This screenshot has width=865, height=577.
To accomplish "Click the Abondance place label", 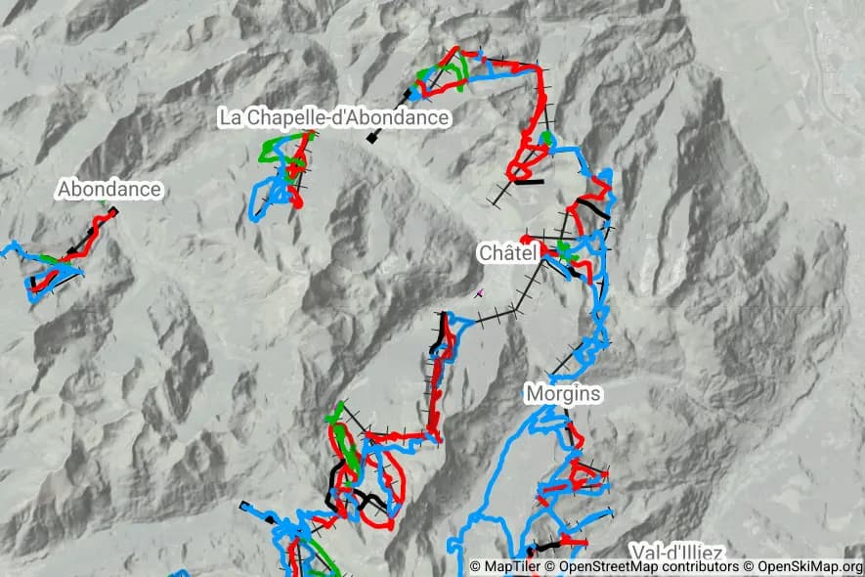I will (x=108, y=189).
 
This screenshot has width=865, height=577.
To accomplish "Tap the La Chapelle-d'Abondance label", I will (x=334, y=117).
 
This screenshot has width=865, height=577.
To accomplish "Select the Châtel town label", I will (x=507, y=252).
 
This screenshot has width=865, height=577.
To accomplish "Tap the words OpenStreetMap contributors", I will (x=641, y=566).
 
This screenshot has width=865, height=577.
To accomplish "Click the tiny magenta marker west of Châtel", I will (x=478, y=291).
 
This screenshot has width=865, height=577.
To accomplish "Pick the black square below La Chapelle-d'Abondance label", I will (x=371, y=139).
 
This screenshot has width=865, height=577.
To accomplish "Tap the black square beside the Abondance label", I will (x=113, y=210).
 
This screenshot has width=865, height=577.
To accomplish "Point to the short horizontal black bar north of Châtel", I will (x=529, y=181).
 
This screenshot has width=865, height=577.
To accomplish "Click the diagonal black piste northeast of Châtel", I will (x=592, y=208).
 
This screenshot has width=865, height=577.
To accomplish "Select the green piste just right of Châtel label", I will (x=563, y=249).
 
